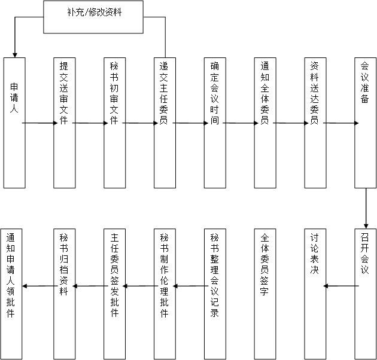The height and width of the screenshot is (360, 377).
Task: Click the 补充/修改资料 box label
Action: pos(95,12)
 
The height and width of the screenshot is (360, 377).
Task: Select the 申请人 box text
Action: pos(14,98)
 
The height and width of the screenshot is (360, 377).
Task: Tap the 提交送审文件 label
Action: pos(64,93)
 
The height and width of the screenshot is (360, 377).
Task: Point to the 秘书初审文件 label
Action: pos(114,93)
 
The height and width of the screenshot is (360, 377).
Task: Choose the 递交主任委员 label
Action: pos(164,93)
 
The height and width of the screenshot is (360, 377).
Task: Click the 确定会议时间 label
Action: pos(214,93)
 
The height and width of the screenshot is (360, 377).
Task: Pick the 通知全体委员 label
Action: pos(264,93)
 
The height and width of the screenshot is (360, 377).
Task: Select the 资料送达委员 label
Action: pos(315,93)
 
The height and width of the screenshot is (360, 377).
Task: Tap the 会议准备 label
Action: pos(365,83)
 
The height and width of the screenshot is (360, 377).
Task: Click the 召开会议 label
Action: pos(365,254)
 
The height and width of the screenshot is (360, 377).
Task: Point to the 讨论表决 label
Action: pos(315,254)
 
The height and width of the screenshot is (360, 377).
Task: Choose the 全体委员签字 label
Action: pos(264,264)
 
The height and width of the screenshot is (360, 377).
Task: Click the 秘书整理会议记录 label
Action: pos(214,275)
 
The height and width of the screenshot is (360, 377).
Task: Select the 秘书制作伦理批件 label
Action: pos(164,275)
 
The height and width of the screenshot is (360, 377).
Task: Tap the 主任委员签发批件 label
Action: pos(114,275)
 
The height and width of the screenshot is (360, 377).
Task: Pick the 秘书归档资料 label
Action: pos(64,264)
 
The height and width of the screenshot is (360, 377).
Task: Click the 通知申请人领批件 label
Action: pos(11,275)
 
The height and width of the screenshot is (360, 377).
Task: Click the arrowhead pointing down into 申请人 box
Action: pos(15,55)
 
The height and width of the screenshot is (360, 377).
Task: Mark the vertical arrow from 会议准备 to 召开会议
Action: pos(366,208)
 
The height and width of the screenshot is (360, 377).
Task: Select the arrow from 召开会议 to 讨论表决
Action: pos(341,286)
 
